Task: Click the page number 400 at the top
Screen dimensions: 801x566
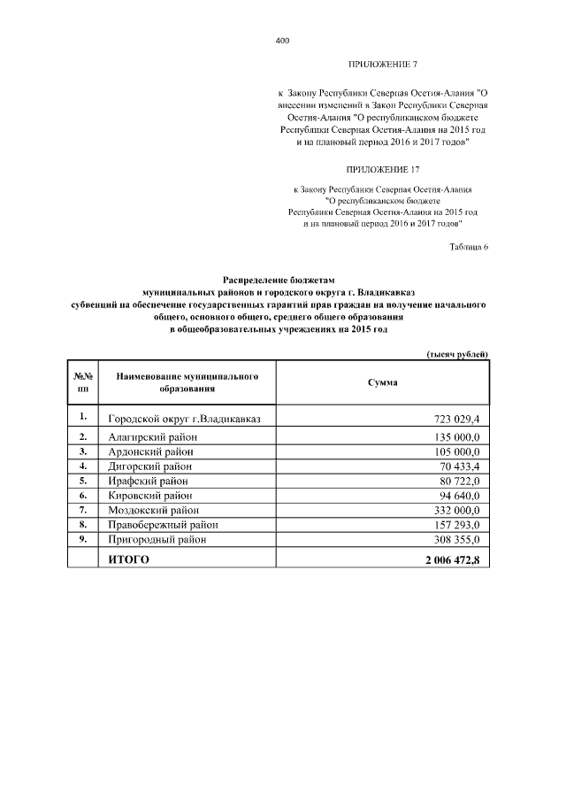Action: (x=282, y=41)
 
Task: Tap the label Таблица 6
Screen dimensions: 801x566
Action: (x=469, y=246)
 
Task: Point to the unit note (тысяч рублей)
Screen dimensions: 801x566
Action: (x=457, y=354)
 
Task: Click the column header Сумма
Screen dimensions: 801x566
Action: (x=382, y=382)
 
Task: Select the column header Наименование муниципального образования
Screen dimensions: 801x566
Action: (x=187, y=382)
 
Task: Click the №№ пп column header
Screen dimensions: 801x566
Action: (x=83, y=382)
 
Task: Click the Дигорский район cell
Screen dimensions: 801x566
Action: (x=149, y=466)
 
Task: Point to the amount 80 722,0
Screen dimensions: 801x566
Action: (x=455, y=481)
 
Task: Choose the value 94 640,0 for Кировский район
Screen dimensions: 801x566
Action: (x=455, y=495)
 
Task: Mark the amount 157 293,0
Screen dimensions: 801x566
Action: (x=452, y=524)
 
